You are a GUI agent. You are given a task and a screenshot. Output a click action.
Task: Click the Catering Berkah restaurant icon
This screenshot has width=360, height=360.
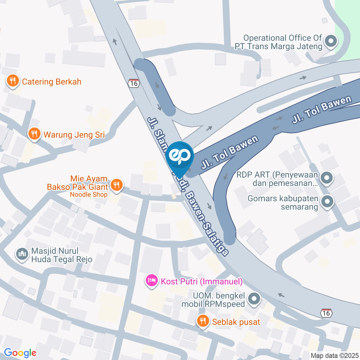click(x=13, y=81)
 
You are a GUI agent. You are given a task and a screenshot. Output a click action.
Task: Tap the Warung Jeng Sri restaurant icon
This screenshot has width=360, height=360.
click(x=34, y=134)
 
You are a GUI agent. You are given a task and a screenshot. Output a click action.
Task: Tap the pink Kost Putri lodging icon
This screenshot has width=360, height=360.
click(x=152, y=280)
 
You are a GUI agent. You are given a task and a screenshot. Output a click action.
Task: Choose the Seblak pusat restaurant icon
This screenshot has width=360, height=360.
click(x=203, y=321)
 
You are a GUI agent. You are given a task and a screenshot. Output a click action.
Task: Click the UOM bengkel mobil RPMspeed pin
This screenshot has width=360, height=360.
click(x=254, y=299)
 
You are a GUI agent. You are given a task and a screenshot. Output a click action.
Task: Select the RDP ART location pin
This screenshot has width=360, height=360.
click(x=327, y=178)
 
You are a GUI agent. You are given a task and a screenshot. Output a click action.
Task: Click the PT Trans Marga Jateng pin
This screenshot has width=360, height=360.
click(x=330, y=42)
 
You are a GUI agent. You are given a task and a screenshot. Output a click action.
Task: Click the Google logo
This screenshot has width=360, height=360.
click(x=20, y=352)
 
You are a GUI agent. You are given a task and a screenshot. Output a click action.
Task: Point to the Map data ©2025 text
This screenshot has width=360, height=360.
click(x=334, y=355)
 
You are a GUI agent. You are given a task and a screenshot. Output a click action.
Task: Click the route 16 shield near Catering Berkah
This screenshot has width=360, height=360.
click(x=134, y=83)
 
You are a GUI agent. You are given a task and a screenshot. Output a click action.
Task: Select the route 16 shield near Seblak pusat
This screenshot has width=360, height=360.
click(x=326, y=313)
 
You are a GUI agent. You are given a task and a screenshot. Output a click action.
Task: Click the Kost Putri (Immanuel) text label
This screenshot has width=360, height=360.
click(x=202, y=281)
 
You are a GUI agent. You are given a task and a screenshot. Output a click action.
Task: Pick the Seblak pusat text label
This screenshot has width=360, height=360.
click(x=236, y=322)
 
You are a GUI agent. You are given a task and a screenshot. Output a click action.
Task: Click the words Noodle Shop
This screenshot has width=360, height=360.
click(x=88, y=194)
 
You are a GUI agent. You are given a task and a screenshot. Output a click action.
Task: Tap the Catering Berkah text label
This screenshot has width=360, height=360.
click(x=52, y=81)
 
